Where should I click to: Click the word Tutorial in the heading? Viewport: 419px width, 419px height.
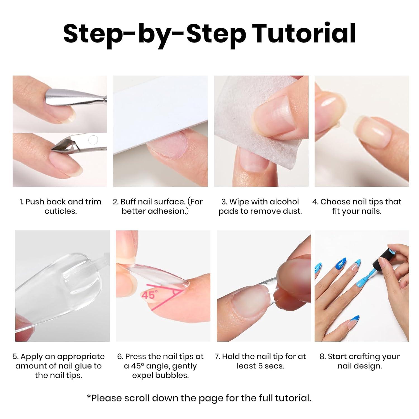pos(304,34)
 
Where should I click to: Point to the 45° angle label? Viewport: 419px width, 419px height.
pos(150,295)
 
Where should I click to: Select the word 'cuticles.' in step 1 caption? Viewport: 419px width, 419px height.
pos(61,211)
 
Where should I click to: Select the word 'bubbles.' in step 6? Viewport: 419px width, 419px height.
pos(173,375)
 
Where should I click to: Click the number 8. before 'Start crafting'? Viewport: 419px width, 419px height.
pos(323,356)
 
